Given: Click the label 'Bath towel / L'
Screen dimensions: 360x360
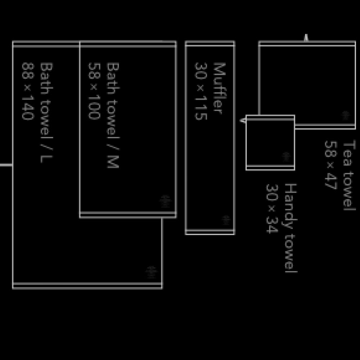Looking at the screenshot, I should pyautogui.click(x=46, y=113).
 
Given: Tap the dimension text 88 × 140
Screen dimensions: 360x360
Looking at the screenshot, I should pyautogui.click(x=28, y=91).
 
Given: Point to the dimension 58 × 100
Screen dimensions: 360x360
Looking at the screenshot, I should pyautogui.click(x=94, y=91).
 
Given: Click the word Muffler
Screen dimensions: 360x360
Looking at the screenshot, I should pyautogui.click(x=220, y=88).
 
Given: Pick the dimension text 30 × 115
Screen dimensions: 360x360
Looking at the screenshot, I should pyautogui.click(x=201, y=91).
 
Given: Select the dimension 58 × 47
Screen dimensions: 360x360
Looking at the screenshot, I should pyautogui.click(x=330, y=164).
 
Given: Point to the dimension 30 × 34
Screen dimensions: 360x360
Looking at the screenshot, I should pyautogui.click(x=273, y=208).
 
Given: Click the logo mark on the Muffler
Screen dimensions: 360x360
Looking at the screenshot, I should pyautogui.click(x=226, y=220).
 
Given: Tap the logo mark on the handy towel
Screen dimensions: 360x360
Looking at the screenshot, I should pyautogui.click(x=286, y=157).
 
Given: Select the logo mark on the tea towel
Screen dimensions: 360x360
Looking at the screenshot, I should pyautogui.click(x=346, y=116).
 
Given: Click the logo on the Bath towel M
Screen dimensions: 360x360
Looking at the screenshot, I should pyautogui.click(x=165, y=201).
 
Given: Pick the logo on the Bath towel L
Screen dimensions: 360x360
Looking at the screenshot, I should pyautogui.click(x=152, y=272).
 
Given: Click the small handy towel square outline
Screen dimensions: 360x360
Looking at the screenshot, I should pyautogui.click(x=270, y=142).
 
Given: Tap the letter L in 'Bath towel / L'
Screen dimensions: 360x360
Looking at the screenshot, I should pyautogui.click(x=46, y=158).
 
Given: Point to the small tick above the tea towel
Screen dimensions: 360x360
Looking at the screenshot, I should pyautogui.click(x=306, y=38).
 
